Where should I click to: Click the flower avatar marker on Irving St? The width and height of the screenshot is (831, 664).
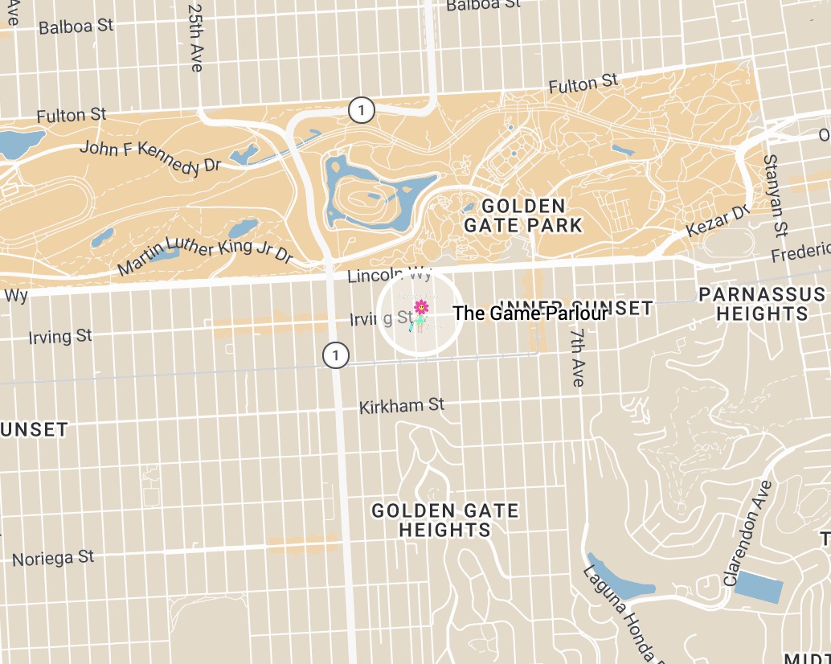click(x=420, y=314)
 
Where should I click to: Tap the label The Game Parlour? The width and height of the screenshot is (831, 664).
click(x=530, y=314)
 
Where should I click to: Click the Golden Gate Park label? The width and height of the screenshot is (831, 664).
click(x=522, y=215)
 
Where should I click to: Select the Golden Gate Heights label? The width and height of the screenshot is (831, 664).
click(x=444, y=520)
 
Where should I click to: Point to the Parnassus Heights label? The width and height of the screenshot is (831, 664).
click(x=762, y=304)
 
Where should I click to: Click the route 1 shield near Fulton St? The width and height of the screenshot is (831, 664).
click(x=362, y=110)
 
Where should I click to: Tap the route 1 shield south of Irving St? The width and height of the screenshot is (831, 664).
click(x=335, y=355)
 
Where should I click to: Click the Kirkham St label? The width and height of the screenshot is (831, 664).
click(x=402, y=405)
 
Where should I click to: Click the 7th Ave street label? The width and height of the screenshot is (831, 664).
click(x=577, y=357)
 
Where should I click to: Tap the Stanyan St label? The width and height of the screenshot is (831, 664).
click(x=775, y=197)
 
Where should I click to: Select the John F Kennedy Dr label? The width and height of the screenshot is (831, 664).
click(x=150, y=156)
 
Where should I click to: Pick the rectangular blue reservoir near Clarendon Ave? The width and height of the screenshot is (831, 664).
click(x=759, y=587)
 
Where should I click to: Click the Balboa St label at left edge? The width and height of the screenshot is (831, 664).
click(x=76, y=27)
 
